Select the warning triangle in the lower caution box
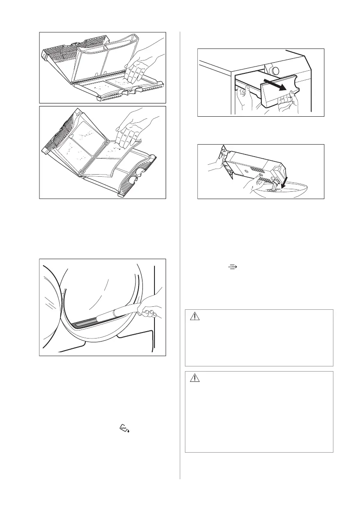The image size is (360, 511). [195, 378]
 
